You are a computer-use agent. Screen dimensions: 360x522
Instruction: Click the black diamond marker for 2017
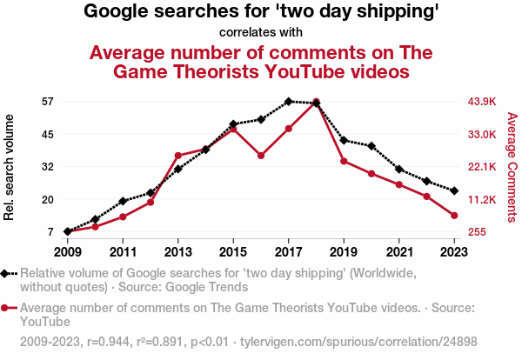point(289,102)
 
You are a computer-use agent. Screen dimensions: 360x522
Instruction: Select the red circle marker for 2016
point(261,156)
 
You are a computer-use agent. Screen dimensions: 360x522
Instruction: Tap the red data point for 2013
point(177,155)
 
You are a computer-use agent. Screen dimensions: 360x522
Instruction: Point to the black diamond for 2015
point(233,124)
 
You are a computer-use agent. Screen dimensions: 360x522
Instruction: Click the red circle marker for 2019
point(345,161)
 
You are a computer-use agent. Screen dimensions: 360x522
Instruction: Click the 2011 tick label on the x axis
point(123,251)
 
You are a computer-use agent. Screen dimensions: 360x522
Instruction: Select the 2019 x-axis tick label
point(345,251)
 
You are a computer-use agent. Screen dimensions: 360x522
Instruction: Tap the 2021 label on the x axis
point(399,251)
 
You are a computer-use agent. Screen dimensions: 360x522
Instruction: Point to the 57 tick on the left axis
point(47,102)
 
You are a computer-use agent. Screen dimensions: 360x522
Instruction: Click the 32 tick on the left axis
point(47,166)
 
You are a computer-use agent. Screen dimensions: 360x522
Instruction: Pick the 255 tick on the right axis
point(477,232)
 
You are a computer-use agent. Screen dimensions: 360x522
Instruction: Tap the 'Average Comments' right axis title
point(512,166)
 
